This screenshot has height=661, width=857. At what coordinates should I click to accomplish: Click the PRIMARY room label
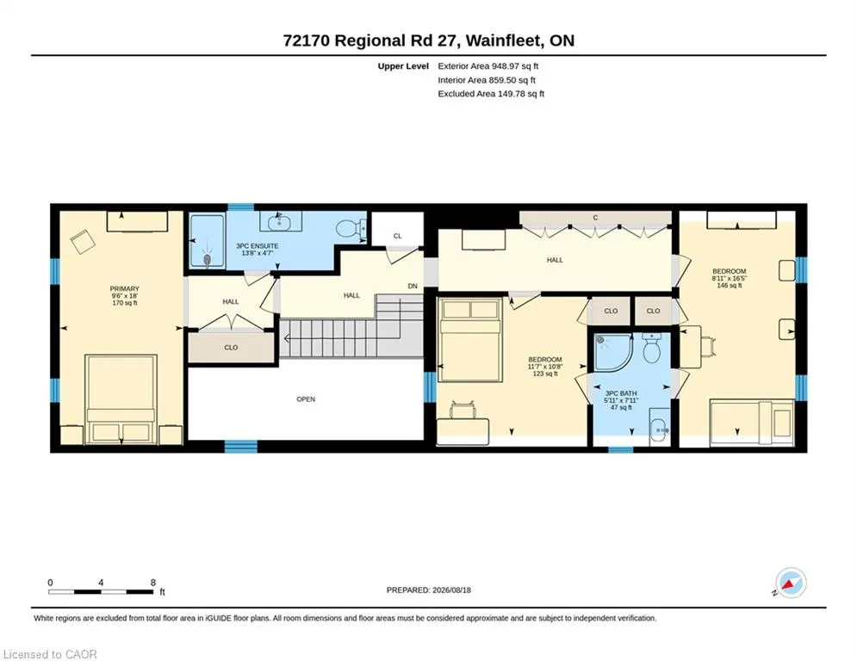[x=125, y=288]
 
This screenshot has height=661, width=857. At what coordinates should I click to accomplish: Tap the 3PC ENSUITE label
[x=257, y=246]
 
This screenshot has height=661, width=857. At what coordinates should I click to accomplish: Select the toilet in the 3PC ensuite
[x=351, y=228]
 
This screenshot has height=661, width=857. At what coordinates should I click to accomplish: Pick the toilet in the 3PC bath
[x=652, y=349]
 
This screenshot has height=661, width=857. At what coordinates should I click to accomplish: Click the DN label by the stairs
[x=413, y=286]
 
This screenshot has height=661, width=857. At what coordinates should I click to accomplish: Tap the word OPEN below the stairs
[x=306, y=398]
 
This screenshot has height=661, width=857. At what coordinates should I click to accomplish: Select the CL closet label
[x=397, y=236]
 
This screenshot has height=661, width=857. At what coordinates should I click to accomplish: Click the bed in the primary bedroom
[x=121, y=398]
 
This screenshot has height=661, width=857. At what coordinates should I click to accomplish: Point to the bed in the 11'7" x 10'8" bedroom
[x=470, y=339]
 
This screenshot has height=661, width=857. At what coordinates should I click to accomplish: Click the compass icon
[x=791, y=583]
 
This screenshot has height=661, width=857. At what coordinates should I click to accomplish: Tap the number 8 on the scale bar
[x=153, y=583]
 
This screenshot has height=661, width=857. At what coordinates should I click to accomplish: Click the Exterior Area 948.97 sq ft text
[x=488, y=66]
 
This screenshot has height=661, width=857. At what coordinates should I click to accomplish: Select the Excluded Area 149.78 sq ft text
[x=491, y=94]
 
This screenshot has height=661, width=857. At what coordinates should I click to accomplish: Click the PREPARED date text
[x=429, y=590]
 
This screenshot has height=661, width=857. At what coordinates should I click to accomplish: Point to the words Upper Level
[x=403, y=66]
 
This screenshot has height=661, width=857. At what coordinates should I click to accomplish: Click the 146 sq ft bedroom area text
[x=730, y=285]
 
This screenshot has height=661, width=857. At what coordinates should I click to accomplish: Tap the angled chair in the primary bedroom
[x=83, y=242]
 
